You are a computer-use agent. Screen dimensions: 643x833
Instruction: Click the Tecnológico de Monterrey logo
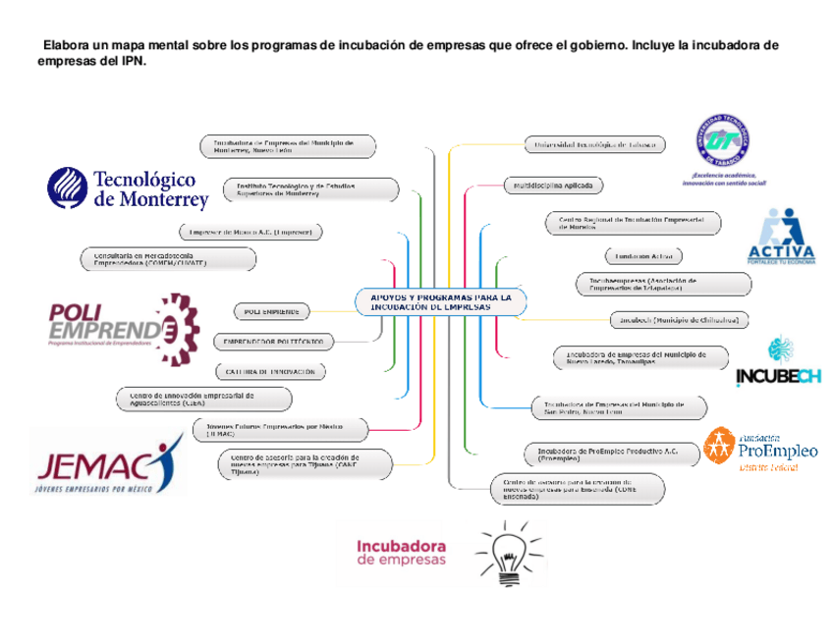[129, 188]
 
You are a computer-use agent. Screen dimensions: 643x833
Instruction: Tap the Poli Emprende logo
[116, 324]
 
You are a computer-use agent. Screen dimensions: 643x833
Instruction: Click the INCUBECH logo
[778, 364]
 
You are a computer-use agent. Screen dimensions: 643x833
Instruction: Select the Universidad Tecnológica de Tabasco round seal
[728, 140]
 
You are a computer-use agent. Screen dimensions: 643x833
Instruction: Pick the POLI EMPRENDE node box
[271, 311]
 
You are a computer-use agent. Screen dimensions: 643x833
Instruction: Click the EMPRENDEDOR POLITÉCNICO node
[273, 342]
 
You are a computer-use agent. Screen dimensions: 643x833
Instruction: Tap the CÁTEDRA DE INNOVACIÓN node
[270, 372]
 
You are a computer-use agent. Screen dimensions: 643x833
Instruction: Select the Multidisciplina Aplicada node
[553, 185]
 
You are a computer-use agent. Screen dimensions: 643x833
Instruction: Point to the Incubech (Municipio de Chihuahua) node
[679, 320]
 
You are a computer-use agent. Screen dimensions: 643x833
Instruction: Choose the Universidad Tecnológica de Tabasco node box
[593, 144]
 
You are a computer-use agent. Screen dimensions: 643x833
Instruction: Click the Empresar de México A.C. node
[251, 233]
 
